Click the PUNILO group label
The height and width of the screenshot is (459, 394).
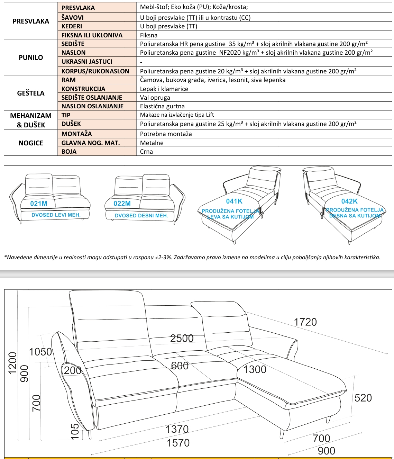31,57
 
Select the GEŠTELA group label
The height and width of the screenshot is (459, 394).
31,93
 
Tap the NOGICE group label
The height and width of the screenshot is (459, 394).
31,143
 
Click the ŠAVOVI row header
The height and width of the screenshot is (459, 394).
73,17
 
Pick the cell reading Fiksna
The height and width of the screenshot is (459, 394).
149,35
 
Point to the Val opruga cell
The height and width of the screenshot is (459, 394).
155,98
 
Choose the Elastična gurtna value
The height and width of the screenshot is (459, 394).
162,106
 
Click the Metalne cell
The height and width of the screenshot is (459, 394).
152,143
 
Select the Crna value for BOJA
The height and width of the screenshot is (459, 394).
146,152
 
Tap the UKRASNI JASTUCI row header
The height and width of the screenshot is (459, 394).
87,62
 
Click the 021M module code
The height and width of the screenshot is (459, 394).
39,204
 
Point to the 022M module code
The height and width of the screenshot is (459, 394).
122,204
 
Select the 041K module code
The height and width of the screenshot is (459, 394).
234,201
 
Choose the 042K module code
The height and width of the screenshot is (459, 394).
349,201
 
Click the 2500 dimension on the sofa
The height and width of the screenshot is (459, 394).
182,338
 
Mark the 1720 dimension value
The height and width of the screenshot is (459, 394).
305,322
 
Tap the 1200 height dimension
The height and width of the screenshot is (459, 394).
12,363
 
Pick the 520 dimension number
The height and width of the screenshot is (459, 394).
363,398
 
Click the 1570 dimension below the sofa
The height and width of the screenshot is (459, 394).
178,443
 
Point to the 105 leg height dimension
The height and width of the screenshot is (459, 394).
75,432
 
